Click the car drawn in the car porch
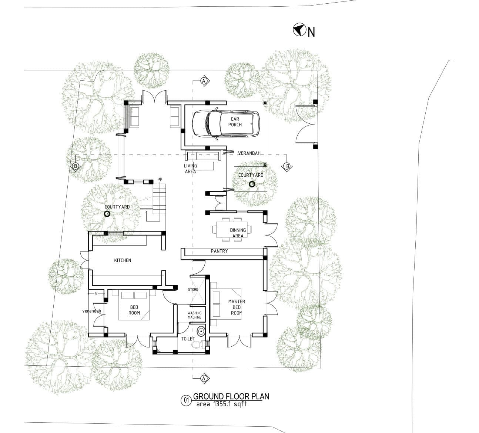point(226,123)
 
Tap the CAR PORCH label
point(235,122)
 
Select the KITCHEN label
point(123,260)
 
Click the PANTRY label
point(219,251)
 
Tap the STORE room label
point(193,289)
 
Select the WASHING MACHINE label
point(194,315)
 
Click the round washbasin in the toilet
point(201,331)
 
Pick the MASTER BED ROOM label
point(237,307)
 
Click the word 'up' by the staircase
point(160,179)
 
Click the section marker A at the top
point(204,80)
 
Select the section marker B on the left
point(76,166)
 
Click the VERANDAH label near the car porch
point(249,153)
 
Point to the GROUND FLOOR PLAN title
point(231,396)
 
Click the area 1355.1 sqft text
point(221,404)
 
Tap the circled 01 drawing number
point(185,400)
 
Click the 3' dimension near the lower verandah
point(96,294)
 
